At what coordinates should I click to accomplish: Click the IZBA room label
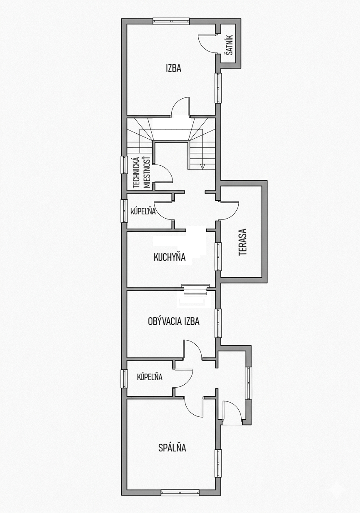[173, 68]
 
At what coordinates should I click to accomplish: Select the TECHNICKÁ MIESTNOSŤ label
[142, 172]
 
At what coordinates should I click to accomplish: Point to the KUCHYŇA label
[169, 257]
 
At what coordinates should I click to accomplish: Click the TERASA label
[242, 242]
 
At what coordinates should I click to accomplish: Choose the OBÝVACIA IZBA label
[174, 321]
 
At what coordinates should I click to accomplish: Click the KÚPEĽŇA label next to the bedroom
[150, 377]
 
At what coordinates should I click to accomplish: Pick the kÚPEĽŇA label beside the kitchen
[143, 211]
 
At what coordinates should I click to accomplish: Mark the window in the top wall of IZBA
[171, 21]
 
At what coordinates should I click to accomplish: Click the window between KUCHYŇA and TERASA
[218, 257]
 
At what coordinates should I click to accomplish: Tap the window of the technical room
[124, 165]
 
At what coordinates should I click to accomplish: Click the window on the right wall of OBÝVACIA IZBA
[218, 323]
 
